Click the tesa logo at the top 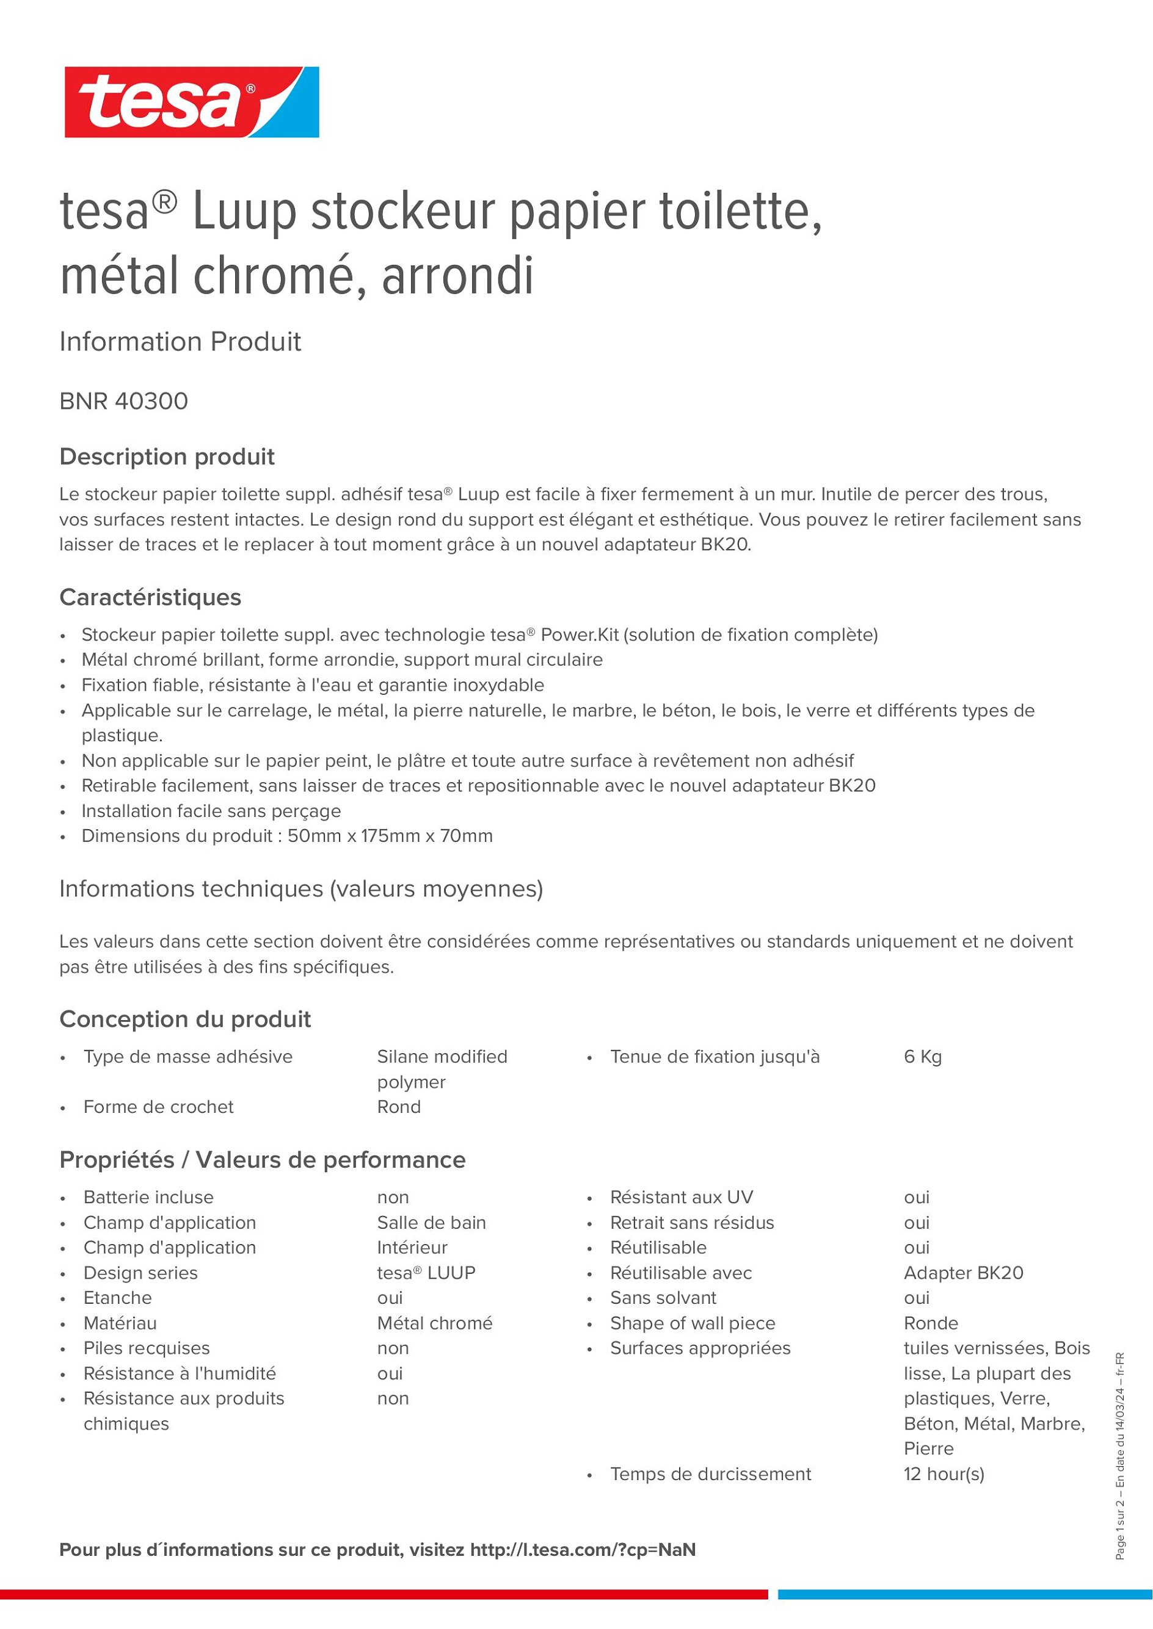(192, 102)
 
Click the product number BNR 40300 (123, 401)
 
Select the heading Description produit (167, 456)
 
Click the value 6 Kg (922, 1057)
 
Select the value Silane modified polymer (442, 1068)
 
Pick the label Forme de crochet (158, 1106)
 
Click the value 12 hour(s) (944, 1473)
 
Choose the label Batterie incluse (148, 1197)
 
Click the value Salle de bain (431, 1223)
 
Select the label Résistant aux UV (681, 1197)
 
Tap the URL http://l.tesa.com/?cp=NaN (582, 1550)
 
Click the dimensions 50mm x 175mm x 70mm (390, 836)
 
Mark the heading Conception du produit (185, 1019)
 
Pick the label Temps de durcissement (710, 1473)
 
